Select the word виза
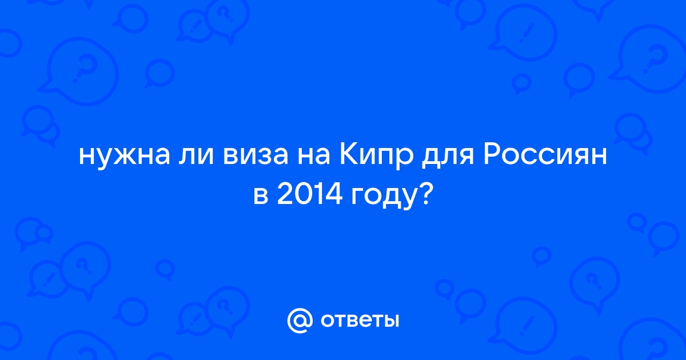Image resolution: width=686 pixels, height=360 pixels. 256,156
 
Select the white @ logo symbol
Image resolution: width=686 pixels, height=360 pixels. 300,321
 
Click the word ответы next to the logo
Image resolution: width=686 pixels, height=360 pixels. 360,320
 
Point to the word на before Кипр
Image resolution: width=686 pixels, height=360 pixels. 314,156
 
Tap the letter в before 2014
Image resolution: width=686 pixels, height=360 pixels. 261,195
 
